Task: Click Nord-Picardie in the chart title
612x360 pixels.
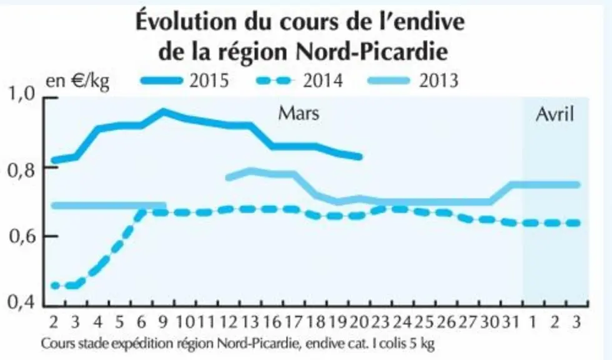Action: pyautogui.click(x=372, y=51)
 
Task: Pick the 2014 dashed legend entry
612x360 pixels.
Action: pyautogui.click(x=299, y=81)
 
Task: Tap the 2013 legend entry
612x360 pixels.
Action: pyautogui.click(x=413, y=81)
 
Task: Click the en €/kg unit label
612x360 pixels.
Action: pyautogui.click(x=77, y=81)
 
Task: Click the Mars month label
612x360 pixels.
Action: pyautogui.click(x=299, y=114)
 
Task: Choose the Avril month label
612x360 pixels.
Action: pyautogui.click(x=555, y=114)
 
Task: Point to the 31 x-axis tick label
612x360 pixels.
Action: pyautogui.click(x=511, y=322)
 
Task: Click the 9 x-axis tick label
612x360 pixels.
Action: pyautogui.click(x=163, y=322)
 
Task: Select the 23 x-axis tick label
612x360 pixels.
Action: pyautogui.click(x=380, y=322)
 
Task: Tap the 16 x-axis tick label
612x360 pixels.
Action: pyautogui.click(x=272, y=322)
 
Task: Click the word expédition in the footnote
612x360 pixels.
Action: pyautogui.click(x=143, y=344)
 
